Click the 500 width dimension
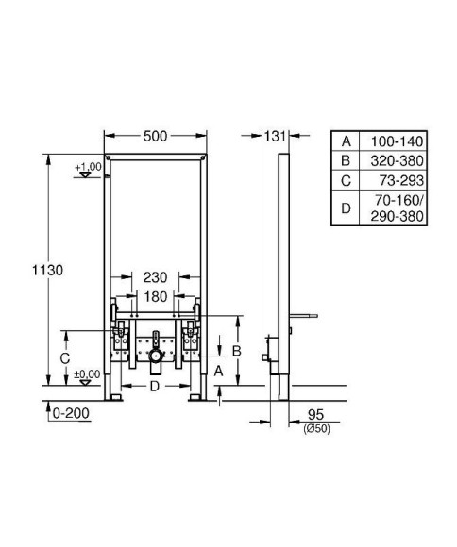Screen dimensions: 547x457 (156, 136)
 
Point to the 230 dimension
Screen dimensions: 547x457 (156, 278)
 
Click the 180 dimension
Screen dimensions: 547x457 (156, 295)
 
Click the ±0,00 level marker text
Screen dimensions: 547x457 (87, 373)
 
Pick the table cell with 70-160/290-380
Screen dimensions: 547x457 (397, 208)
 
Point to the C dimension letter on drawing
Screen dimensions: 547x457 (63, 357)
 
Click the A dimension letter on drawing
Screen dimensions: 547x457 (219, 372)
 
